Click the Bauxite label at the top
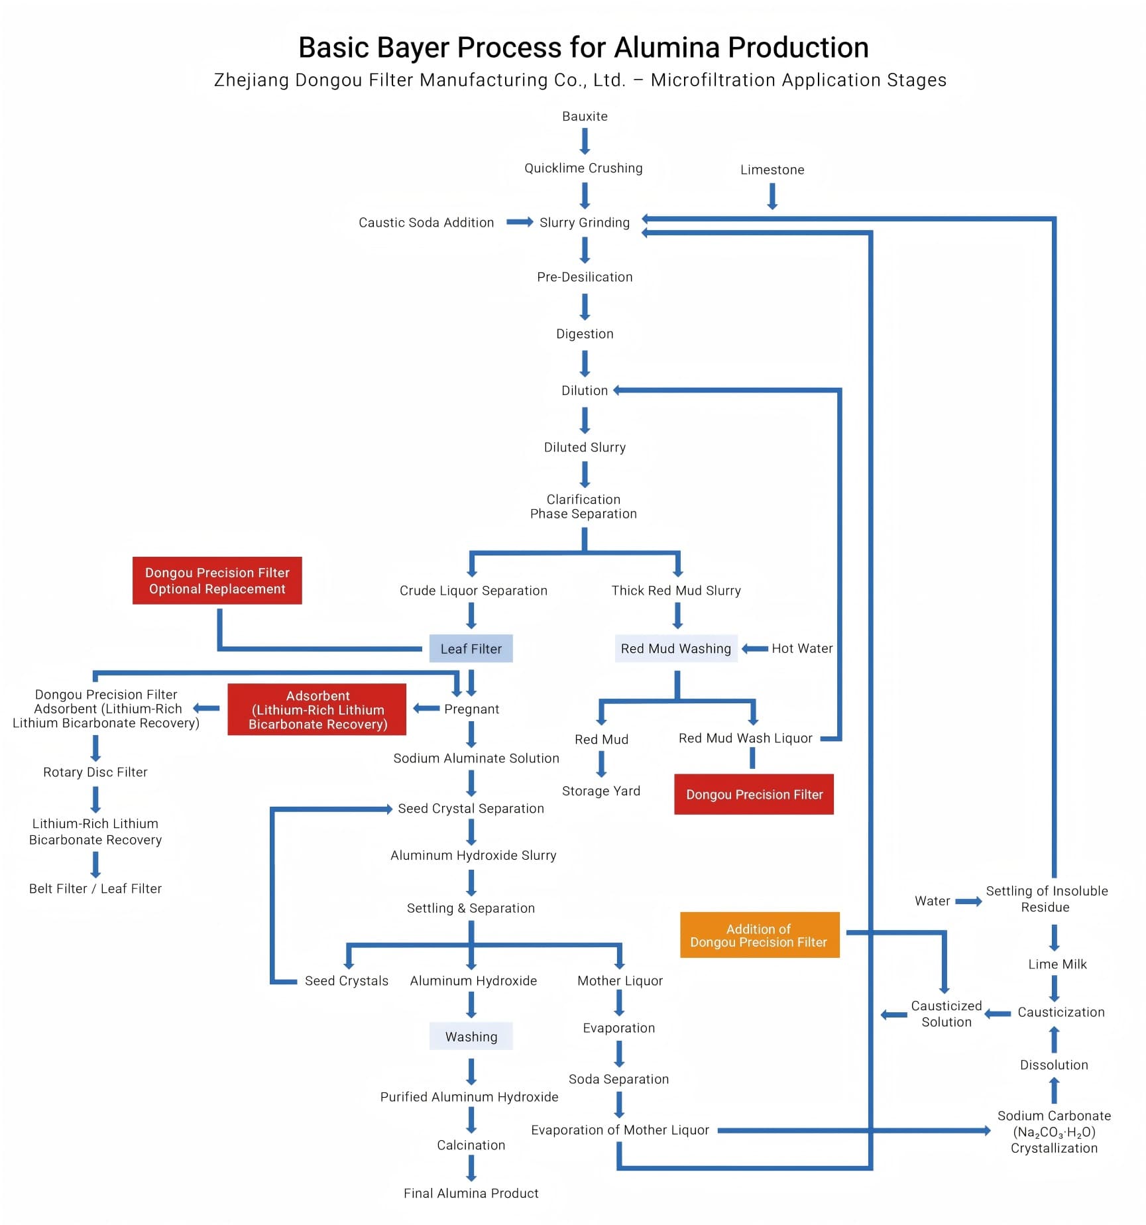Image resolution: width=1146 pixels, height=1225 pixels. click(585, 116)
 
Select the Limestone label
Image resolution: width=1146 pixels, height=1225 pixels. click(772, 170)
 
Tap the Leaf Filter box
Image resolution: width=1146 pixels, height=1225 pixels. click(471, 649)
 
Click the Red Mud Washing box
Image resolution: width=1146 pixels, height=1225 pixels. click(675, 649)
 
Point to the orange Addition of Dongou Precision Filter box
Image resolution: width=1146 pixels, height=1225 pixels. click(759, 935)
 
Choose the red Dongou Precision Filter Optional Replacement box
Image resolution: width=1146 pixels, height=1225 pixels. click(217, 581)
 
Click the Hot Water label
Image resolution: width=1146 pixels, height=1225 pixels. click(802, 648)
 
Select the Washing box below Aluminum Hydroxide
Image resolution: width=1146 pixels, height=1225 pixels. click(471, 1037)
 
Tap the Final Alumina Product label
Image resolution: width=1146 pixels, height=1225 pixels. click(471, 1193)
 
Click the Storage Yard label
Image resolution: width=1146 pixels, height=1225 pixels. click(601, 791)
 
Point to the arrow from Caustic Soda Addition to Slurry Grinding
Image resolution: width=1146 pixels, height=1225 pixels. click(520, 222)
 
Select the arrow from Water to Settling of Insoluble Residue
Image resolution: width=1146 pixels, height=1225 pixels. click(968, 902)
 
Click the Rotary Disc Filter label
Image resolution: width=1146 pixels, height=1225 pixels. click(95, 772)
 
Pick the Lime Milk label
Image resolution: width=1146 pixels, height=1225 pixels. click(1057, 964)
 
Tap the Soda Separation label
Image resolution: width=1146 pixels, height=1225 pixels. click(618, 1079)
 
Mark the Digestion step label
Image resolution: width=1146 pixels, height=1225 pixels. click(585, 334)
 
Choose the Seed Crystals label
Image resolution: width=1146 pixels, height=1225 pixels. click(346, 981)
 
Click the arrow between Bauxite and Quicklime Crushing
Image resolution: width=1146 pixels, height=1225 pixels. click(585, 141)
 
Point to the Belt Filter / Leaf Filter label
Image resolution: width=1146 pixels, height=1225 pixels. click(95, 889)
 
